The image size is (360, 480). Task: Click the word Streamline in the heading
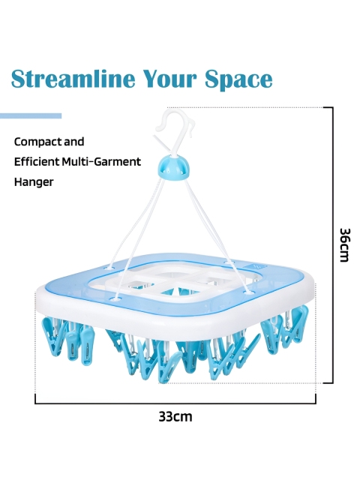pyautogui.click(x=73, y=79)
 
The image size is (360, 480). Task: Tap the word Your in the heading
pyautogui.click(x=169, y=79)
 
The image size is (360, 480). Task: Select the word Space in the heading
pyautogui.click(x=238, y=80)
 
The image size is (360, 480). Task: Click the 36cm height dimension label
pyautogui.click(x=344, y=245)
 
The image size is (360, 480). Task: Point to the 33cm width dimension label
pyautogui.click(x=175, y=417)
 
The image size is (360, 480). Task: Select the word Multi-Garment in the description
pyautogui.click(x=101, y=161)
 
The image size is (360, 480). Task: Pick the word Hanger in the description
pyautogui.click(x=34, y=181)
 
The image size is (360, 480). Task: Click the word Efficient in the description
pyautogui.click(x=37, y=161)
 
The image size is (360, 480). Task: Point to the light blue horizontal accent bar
pyautogui.click(x=31, y=116)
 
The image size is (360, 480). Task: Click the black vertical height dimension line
pyautogui.click(x=332, y=245)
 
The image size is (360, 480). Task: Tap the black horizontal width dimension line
pyautogui.click(x=175, y=403)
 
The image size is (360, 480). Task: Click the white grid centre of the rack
pyautogui.click(x=172, y=281)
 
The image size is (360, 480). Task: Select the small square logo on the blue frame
pyautogui.click(x=256, y=265)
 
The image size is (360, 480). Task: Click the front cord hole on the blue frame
pyautogui.click(x=115, y=298)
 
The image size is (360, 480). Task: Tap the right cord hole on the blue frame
pyautogui.click(x=248, y=292)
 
